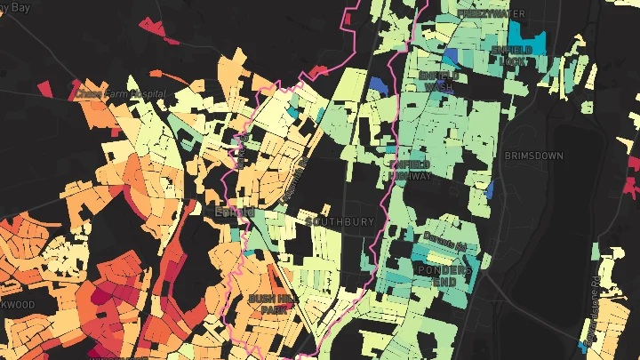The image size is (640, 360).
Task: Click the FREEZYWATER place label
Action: coord(491,14)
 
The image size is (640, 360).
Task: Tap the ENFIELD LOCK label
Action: coord(512,55)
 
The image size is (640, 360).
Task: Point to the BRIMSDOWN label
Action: coord(533,156)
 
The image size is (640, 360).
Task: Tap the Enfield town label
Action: coord(235,213)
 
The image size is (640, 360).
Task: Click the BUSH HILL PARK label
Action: coord(270,304)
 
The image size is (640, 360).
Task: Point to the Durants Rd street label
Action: coord(445,246)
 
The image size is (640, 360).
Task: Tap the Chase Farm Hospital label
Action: coord(120,92)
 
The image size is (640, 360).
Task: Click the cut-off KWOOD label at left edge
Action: coord(18,305)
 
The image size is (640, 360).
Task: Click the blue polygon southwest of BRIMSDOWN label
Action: coord(490,190)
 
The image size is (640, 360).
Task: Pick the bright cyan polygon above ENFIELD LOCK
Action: coord(535,43)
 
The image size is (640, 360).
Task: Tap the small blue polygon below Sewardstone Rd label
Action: coord(583,343)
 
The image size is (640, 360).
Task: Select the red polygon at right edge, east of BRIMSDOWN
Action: coord(633,186)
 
